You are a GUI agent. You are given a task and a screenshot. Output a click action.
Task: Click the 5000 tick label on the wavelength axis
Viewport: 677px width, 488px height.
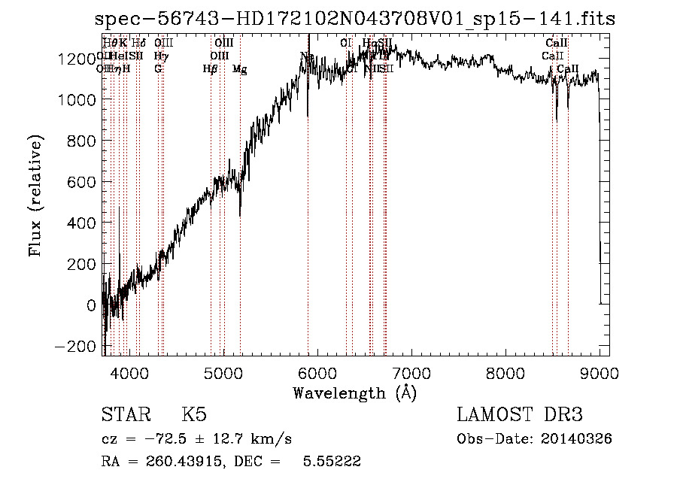[223, 371]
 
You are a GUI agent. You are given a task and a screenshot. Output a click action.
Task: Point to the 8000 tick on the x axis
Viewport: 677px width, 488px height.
[505, 354]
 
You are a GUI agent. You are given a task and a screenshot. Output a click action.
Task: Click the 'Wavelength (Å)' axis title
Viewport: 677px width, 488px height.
[354, 393]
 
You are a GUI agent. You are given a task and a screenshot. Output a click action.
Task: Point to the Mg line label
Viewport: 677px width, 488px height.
[239, 69]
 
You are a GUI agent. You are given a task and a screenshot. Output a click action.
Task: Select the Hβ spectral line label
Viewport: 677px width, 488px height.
[211, 69]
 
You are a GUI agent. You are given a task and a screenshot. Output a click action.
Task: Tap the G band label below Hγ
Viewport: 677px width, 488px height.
[158, 69]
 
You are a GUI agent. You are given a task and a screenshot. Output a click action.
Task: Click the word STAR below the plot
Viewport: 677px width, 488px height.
[125, 415]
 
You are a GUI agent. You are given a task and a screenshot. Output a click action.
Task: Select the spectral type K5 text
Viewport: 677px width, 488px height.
[194, 415]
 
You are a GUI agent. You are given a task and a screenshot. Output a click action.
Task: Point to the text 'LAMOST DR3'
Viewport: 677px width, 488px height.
[520, 415]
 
